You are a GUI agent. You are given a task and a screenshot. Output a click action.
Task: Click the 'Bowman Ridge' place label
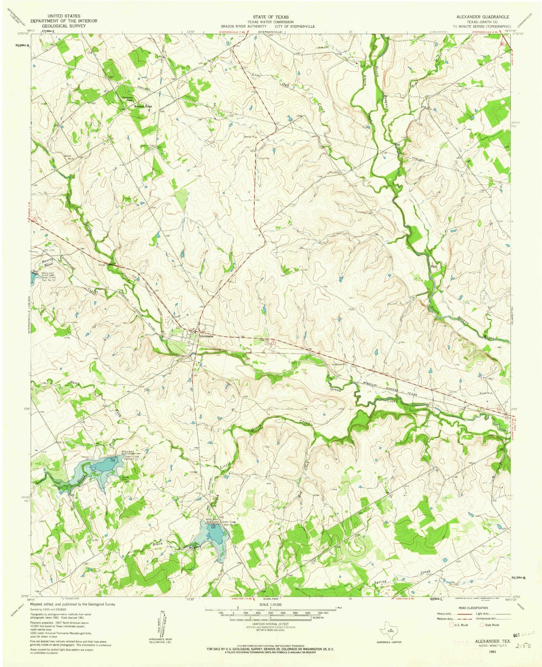[143, 107]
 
